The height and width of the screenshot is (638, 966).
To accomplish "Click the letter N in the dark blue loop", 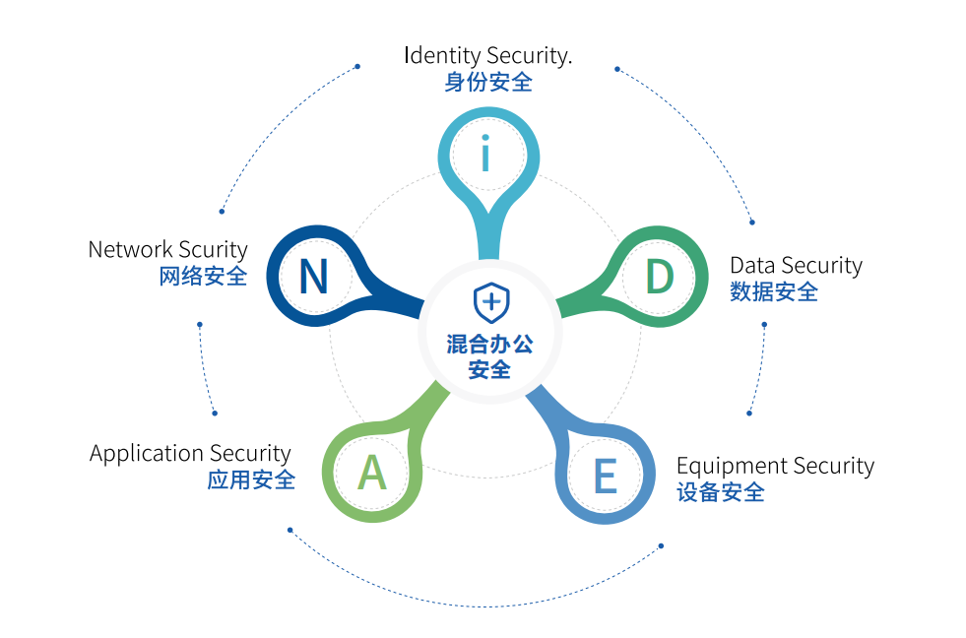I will tap(313, 277).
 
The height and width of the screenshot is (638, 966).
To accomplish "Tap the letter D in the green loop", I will tap(659, 277).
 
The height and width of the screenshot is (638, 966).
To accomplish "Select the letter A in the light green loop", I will tap(371, 474).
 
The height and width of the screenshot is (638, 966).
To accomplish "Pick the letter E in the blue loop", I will tap(605, 478).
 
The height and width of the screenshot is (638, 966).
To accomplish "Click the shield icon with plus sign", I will tap(490, 302).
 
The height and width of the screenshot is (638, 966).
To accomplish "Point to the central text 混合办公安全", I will tap(490, 356).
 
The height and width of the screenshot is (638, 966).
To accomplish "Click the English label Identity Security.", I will tap(487, 55).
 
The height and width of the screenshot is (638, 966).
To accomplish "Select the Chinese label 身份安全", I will tap(487, 82).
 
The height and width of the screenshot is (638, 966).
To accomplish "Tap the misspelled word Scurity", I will tap(213, 250).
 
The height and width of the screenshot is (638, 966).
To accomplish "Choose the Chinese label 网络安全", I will tap(203, 277).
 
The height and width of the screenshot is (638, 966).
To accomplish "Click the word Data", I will tap(752, 265).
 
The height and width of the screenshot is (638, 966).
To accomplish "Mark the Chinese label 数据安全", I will tap(774, 291).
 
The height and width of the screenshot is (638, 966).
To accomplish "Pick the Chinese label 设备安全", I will tap(721, 492).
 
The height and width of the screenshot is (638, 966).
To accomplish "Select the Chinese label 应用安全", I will tap(251, 480).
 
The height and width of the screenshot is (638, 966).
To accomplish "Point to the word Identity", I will tap(441, 55).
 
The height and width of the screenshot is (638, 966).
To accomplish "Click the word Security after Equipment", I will tap(833, 466).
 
